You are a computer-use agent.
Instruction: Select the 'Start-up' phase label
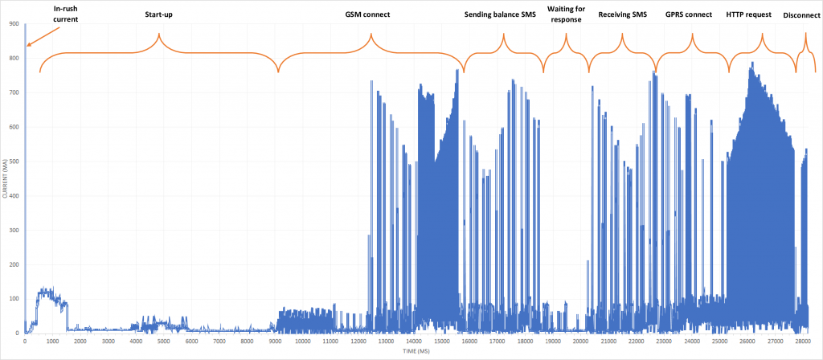point(158,14)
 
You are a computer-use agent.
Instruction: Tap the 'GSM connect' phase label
point(371,14)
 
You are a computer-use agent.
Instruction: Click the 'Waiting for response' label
point(566,14)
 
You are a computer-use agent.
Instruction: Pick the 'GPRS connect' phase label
point(689,14)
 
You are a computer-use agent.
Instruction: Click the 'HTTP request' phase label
point(748,14)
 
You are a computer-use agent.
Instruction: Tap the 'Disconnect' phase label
point(800,14)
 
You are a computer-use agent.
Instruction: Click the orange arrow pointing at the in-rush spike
point(44,35)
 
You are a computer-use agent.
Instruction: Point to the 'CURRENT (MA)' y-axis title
point(6,178)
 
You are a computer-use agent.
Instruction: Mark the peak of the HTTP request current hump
point(752,63)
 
